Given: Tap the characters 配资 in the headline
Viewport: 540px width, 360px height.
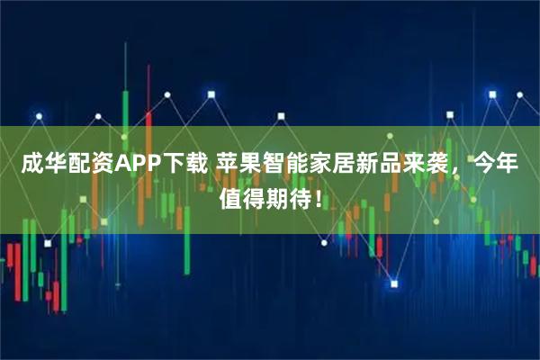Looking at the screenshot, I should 87,164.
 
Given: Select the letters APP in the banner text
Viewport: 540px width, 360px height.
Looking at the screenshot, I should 134,164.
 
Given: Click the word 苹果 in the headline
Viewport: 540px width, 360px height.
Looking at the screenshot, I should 237,164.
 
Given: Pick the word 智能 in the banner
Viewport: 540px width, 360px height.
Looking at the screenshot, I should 282,164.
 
